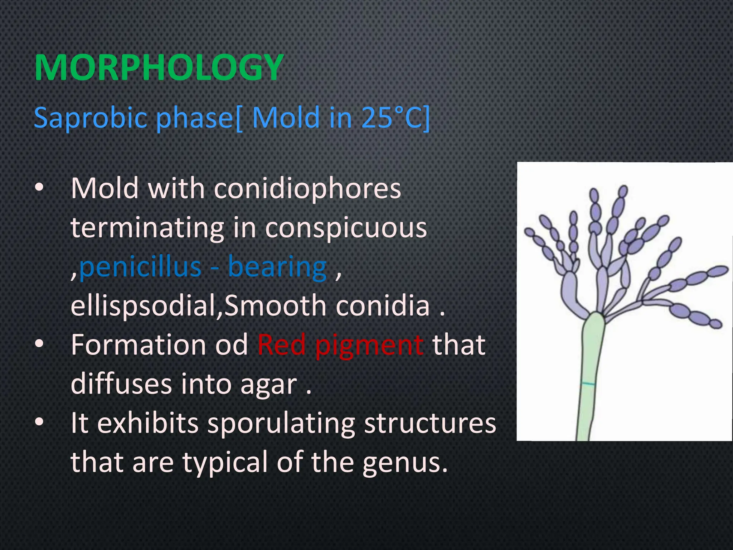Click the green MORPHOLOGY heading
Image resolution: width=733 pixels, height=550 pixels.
click(x=159, y=68)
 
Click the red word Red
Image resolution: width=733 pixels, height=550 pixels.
click(x=281, y=344)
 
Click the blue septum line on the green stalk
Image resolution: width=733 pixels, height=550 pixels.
click(x=587, y=384)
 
